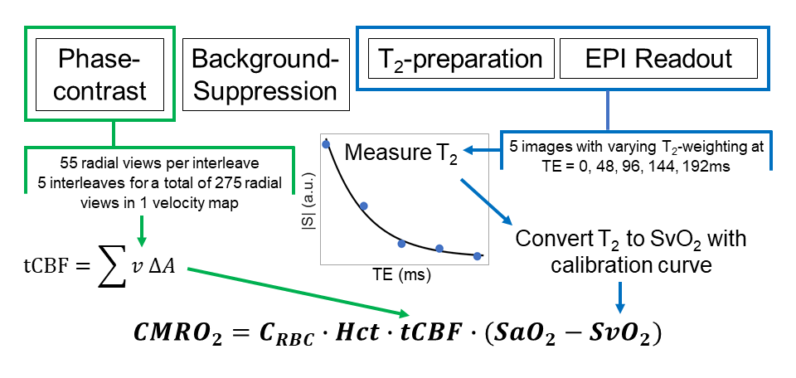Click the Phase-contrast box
click(101, 73)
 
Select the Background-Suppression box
click(265, 73)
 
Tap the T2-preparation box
click(460, 59)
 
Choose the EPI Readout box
click(658, 59)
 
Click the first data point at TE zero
click(326, 144)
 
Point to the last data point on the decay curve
click(477, 256)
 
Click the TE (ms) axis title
click(401, 272)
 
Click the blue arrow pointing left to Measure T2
click(482, 150)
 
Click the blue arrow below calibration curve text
click(619, 295)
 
